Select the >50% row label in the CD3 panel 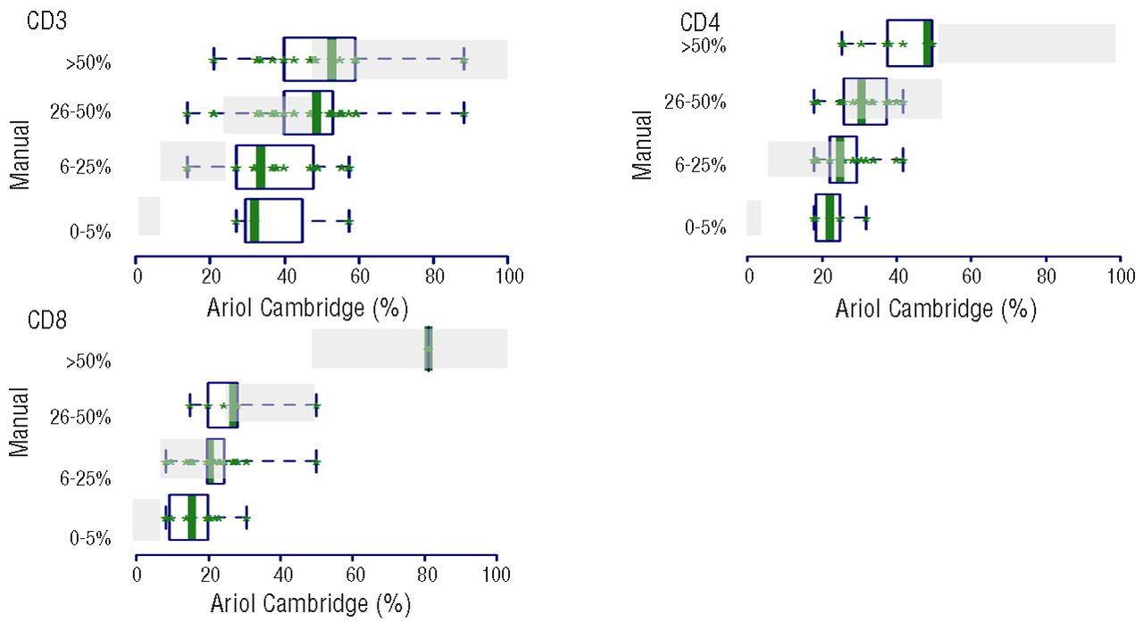(x=88, y=63)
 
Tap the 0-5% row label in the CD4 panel (x=705, y=227)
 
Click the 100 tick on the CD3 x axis (x=507, y=277)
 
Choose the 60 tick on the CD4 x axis (x=972, y=278)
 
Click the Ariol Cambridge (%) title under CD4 (x=935, y=309)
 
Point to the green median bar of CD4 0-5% (x=830, y=218)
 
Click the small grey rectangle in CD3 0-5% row (x=148, y=216)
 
